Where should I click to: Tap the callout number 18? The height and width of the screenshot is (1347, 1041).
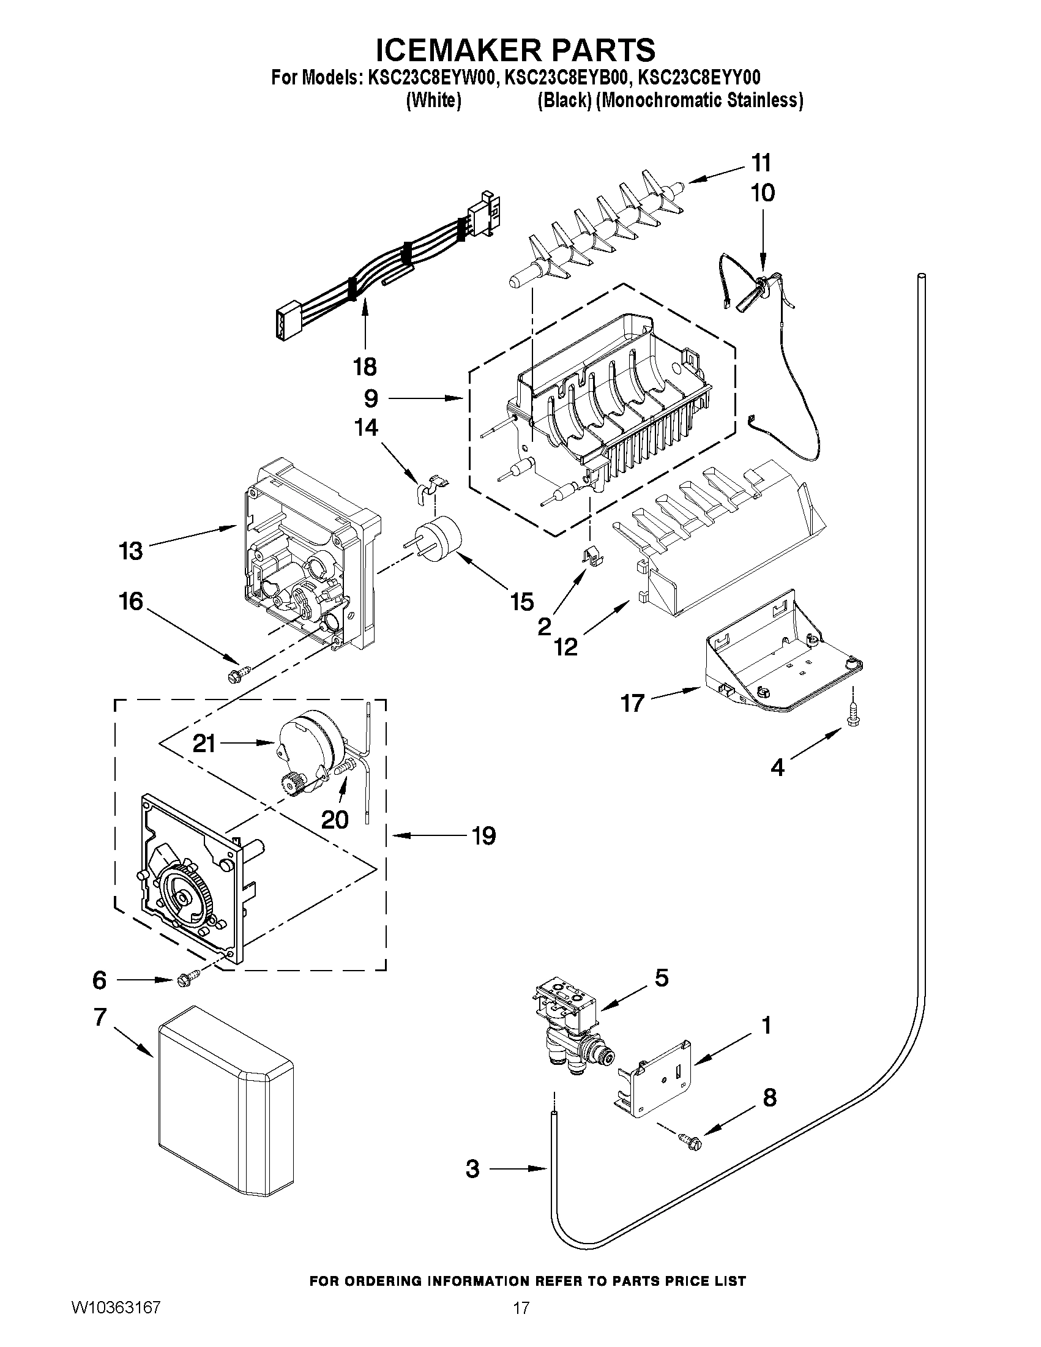click(x=365, y=367)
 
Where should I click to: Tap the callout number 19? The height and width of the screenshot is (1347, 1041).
click(x=483, y=836)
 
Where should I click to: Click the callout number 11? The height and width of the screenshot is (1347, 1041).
click(x=761, y=163)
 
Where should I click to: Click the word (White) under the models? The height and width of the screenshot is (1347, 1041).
click(x=433, y=100)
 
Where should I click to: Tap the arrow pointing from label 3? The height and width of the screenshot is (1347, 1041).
click(x=518, y=1168)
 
